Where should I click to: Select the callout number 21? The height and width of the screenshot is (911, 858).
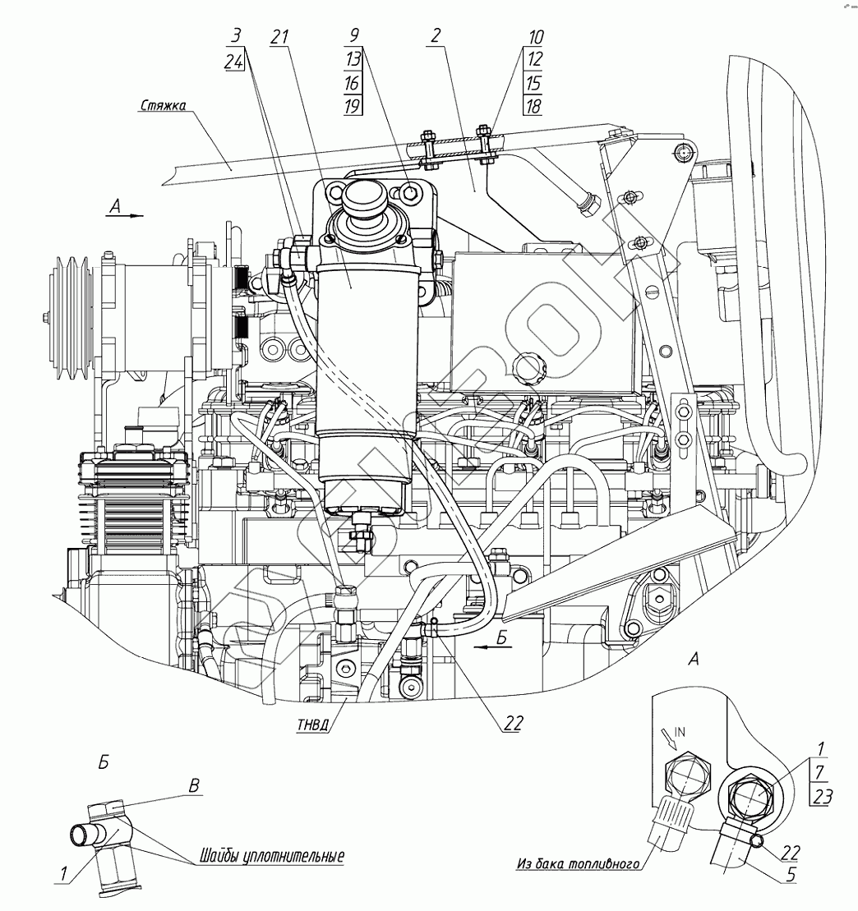click(280, 37)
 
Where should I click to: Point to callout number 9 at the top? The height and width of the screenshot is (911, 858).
click(353, 37)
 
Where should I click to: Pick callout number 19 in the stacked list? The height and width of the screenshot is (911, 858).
click(353, 105)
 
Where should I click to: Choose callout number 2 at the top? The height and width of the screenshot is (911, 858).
click(435, 37)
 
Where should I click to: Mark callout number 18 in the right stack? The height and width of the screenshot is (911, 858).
click(532, 105)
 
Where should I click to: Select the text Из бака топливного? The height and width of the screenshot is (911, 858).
click(579, 863)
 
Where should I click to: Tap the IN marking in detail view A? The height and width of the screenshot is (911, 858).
click(680, 729)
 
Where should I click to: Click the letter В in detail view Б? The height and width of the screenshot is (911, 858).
click(195, 784)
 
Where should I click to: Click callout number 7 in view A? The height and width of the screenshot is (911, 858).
click(818, 771)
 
